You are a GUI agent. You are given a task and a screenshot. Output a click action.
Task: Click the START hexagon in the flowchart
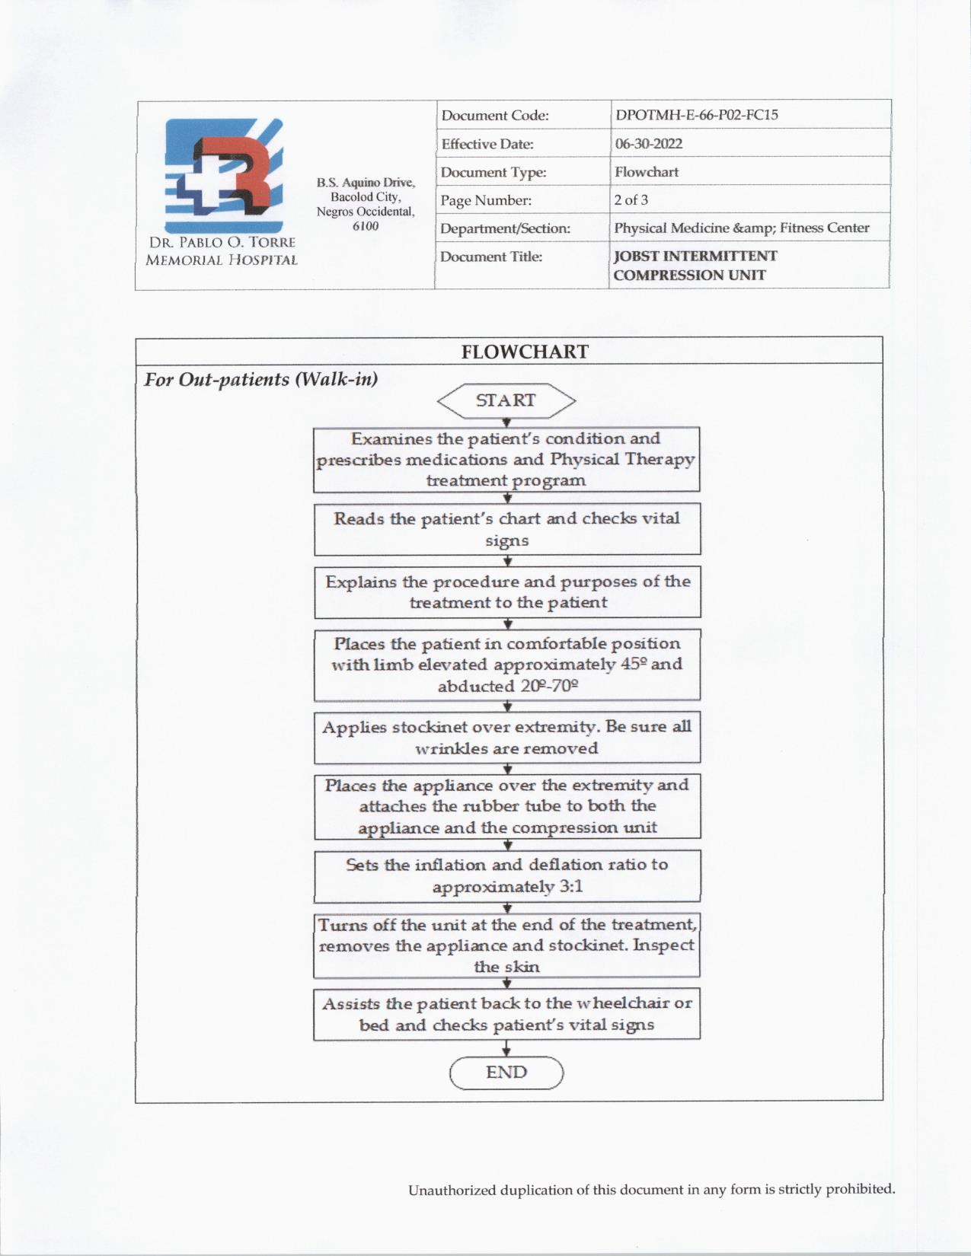pyautogui.click(x=506, y=401)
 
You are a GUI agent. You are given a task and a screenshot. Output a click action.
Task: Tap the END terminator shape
pyautogui.click(x=506, y=1073)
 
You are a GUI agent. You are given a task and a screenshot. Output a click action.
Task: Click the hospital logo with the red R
pyautogui.click(x=224, y=176)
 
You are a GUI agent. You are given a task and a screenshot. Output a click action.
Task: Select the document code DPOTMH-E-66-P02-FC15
pyautogui.click(x=696, y=115)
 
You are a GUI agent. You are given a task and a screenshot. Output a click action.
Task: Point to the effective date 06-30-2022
pyautogui.click(x=649, y=144)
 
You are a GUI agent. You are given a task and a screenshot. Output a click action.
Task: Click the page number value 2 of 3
pyautogui.click(x=631, y=200)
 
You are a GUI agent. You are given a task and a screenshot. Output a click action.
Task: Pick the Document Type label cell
pyautogui.click(x=493, y=173)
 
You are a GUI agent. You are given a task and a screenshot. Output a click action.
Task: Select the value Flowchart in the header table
pyautogui.click(x=647, y=172)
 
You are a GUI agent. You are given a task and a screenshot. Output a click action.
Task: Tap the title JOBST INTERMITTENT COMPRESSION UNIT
pyautogui.click(x=695, y=266)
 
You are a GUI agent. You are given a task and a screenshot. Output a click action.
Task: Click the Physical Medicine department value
pyautogui.click(x=741, y=228)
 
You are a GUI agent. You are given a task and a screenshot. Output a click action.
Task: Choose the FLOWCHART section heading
pyautogui.click(x=525, y=352)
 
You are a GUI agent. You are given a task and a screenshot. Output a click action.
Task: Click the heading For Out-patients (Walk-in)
pyautogui.click(x=261, y=379)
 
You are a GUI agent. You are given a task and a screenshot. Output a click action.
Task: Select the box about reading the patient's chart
pyautogui.click(x=507, y=529)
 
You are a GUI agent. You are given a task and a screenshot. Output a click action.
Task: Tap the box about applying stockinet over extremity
pyautogui.click(x=507, y=737)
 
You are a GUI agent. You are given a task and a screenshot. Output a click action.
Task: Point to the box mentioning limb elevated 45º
pyautogui.click(x=507, y=665)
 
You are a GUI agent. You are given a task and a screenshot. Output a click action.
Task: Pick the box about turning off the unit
pyautogui.click(x=507, y=945)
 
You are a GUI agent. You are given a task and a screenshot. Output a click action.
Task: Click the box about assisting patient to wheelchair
pyautogui.click(x=507, y=1014)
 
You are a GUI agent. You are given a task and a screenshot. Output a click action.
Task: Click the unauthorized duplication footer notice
pyautogui.click(x=651, y=1189)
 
